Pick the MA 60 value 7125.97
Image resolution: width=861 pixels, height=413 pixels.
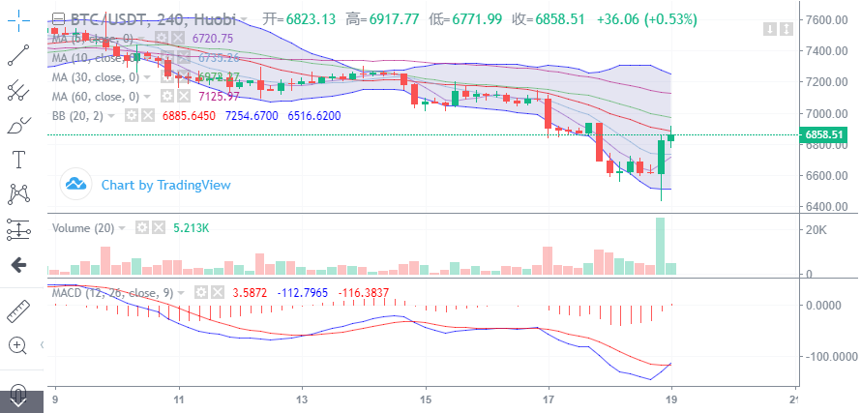[219, 96]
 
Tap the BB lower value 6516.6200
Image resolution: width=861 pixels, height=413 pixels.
[320, 115]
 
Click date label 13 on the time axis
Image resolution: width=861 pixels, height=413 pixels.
[303, 399]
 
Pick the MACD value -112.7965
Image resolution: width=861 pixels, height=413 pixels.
[307, 291]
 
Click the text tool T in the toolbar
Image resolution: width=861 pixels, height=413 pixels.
[18, 159]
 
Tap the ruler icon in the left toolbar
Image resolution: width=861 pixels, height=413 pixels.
[18, 311]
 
